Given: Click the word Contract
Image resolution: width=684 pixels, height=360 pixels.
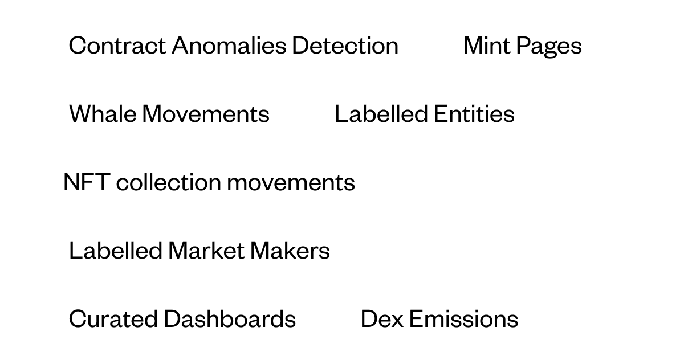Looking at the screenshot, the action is (x=117, y=46).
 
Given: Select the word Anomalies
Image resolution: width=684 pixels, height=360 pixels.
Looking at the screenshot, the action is (x=229, y=46).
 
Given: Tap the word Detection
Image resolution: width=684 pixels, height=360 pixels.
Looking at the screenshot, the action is (x=345, y=46).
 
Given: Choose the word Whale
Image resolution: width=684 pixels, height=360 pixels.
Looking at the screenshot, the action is (x=103, y=114).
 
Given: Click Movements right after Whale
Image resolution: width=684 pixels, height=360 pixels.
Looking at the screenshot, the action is (x=206, y=114).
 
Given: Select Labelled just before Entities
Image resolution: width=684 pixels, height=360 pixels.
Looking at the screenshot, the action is (x=381, y=114).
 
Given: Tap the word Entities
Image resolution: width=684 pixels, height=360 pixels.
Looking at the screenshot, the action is (x=474, y=114).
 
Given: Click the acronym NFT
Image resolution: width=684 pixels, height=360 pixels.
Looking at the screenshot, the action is (x=87, y=182).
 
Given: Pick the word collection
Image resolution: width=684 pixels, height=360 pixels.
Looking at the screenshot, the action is (x=169, y=182).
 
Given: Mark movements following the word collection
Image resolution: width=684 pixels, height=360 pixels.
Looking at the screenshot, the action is (x=291, y=183).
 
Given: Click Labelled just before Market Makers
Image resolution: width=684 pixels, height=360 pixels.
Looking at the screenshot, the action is (x=115, y=251).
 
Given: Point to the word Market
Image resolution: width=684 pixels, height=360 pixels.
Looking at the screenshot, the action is (x=206, y=251).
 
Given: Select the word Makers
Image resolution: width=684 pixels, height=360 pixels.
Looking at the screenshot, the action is (x=290, y=251).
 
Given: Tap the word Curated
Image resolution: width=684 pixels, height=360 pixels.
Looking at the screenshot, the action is (x=113, y=319).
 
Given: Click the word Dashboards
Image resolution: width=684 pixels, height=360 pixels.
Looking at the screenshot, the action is (x=230, y=319).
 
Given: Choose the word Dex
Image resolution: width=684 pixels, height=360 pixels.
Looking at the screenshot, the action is (x=382, y=319).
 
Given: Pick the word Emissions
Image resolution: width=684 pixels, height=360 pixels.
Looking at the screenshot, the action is (x=463, y=319).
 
